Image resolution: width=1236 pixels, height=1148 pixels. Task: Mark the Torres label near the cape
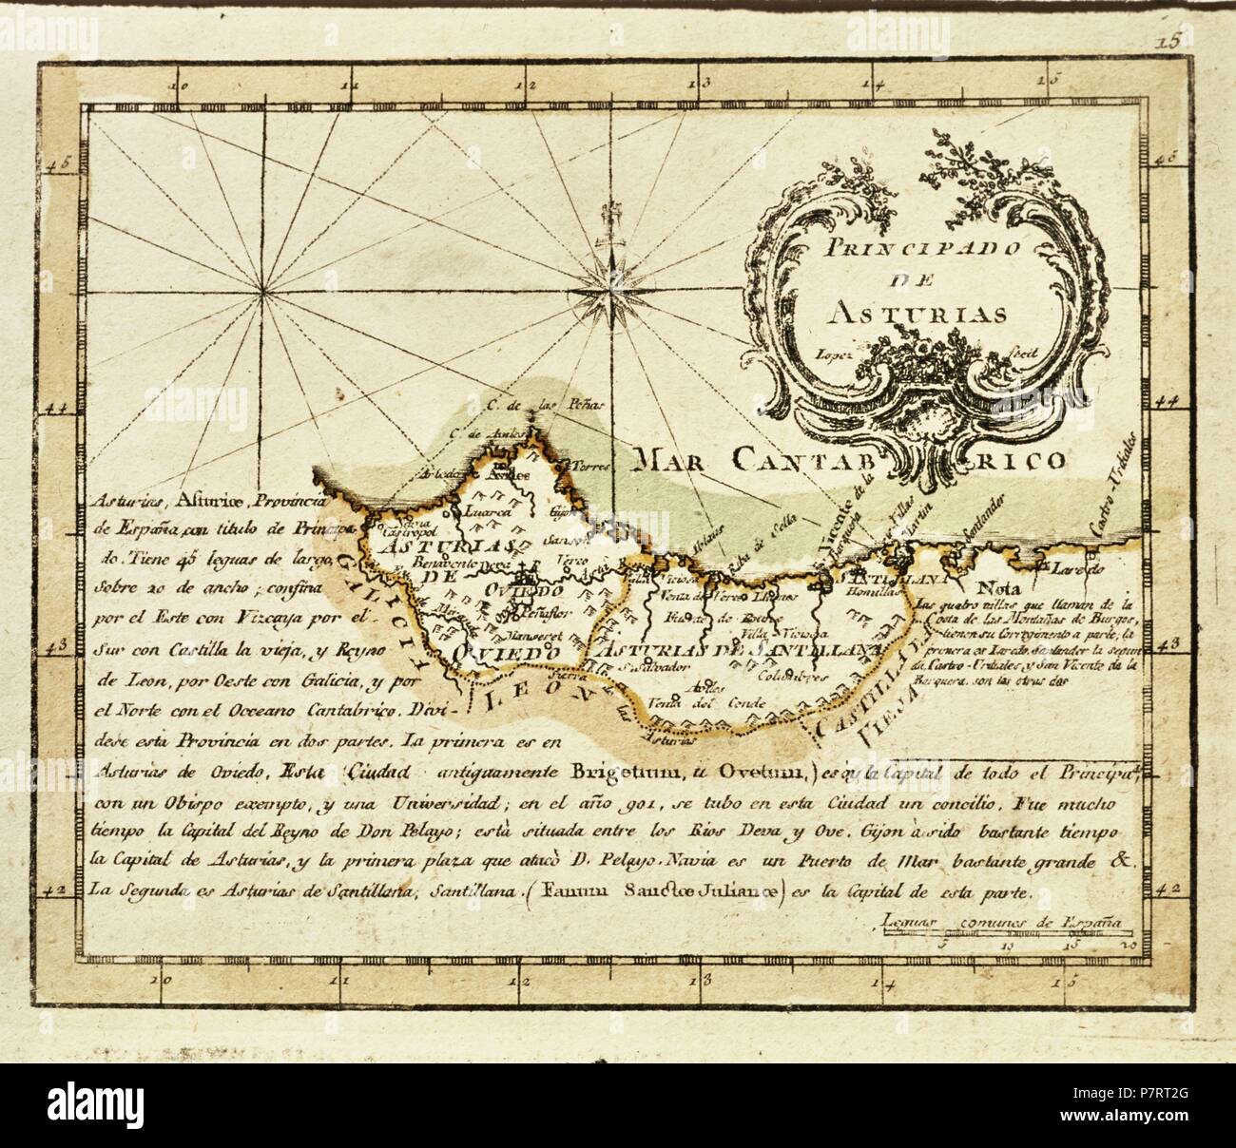[x=574, y=467]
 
